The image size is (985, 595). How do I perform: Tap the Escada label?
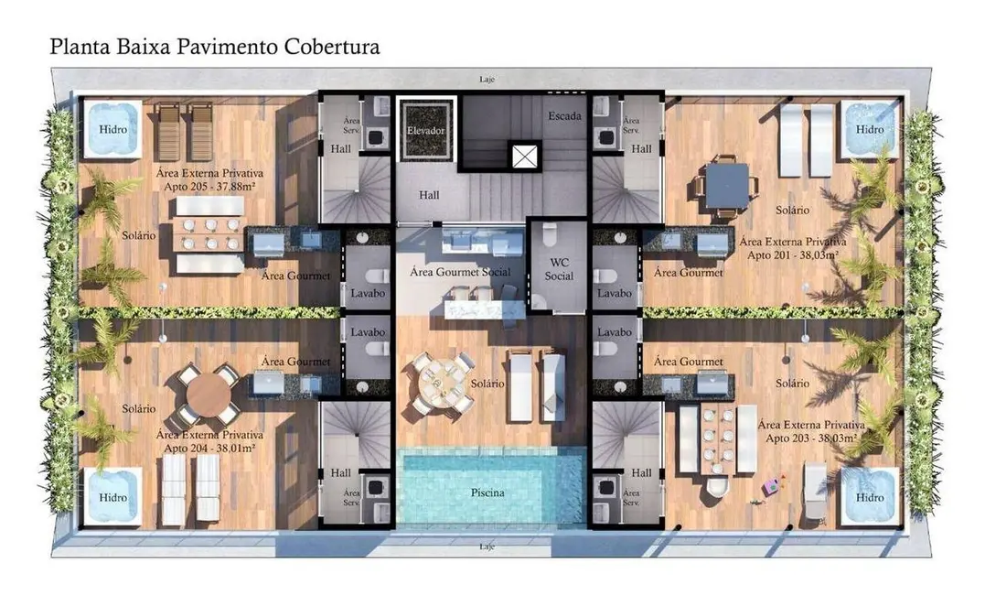point(564,116)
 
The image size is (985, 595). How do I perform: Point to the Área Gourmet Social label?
point(459,272)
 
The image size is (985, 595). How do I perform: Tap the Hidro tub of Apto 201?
point(870,129)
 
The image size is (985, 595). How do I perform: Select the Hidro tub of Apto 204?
point(112,497)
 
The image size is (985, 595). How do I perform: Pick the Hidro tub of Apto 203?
point(869,497)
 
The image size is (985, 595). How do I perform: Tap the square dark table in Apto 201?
point(727,186)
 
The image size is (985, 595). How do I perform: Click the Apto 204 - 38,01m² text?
point(210,449)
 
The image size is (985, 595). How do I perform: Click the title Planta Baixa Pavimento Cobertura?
point(215,47)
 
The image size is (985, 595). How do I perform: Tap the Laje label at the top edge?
point(487,80)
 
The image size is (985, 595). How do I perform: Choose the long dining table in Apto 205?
point(209,234)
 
